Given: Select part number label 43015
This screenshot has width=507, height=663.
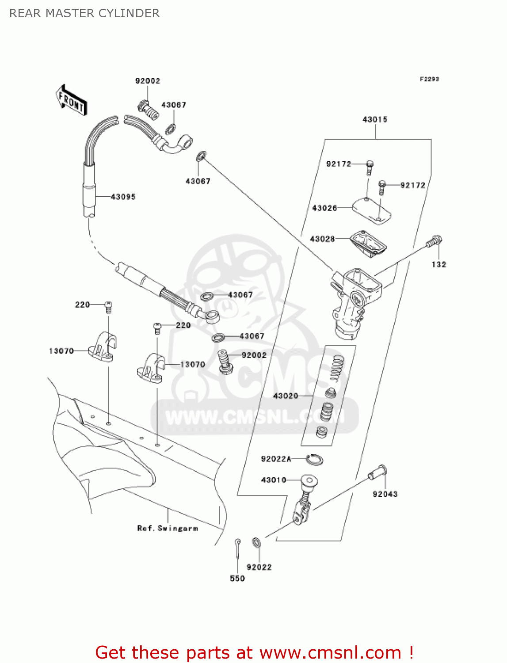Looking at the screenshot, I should pyautogui.click(x=375, y=119).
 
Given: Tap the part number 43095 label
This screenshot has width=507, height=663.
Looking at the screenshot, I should pyautogui.click(x=123, y=197).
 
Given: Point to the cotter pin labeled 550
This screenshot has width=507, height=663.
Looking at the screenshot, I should pyautogui.click(x=238, y=548).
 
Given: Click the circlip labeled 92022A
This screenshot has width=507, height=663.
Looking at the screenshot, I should pyautogui.click(x=315, y=459).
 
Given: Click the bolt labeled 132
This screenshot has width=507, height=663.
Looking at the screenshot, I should pyautogui.click(x=434, y=241).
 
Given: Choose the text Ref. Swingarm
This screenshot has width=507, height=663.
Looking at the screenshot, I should pyautogui.click(x=168, y=528).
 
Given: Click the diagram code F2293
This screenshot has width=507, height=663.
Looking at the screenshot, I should pyautogui.click(x=429, y=79).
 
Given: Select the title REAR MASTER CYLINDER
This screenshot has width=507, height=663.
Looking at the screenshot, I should pyautogui.click(x=84, y=13).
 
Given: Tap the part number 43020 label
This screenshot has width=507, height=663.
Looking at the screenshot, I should pyautogui.click(x=286, y=396).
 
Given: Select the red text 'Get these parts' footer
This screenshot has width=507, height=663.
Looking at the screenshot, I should pyautogui.click(x=254, y=652).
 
